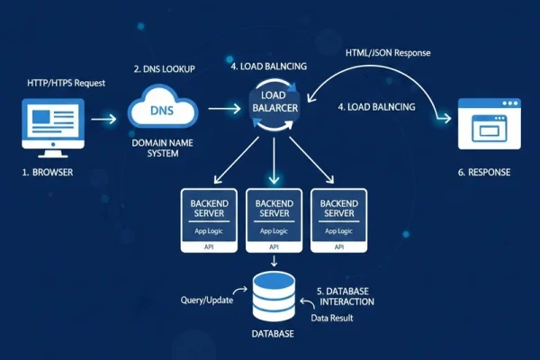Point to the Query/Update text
(205, 299)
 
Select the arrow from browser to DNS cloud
(103, 118)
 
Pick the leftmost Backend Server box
(209, 219)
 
